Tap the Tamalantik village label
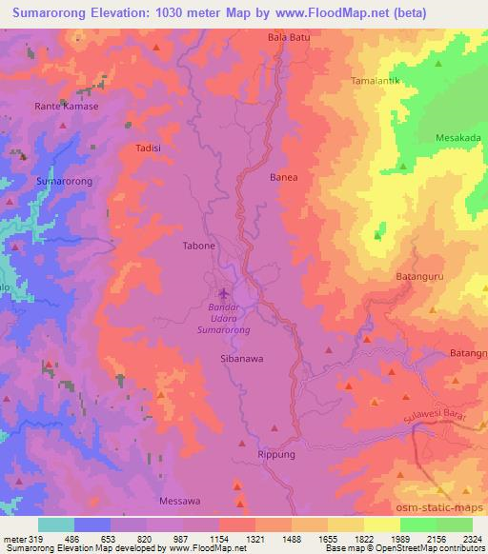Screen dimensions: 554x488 [x=379, y=81]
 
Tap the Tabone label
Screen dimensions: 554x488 [x=198, y=246]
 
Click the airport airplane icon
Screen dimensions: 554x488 [x=224, y=293]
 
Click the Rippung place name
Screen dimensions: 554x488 [x=278, y=455]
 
